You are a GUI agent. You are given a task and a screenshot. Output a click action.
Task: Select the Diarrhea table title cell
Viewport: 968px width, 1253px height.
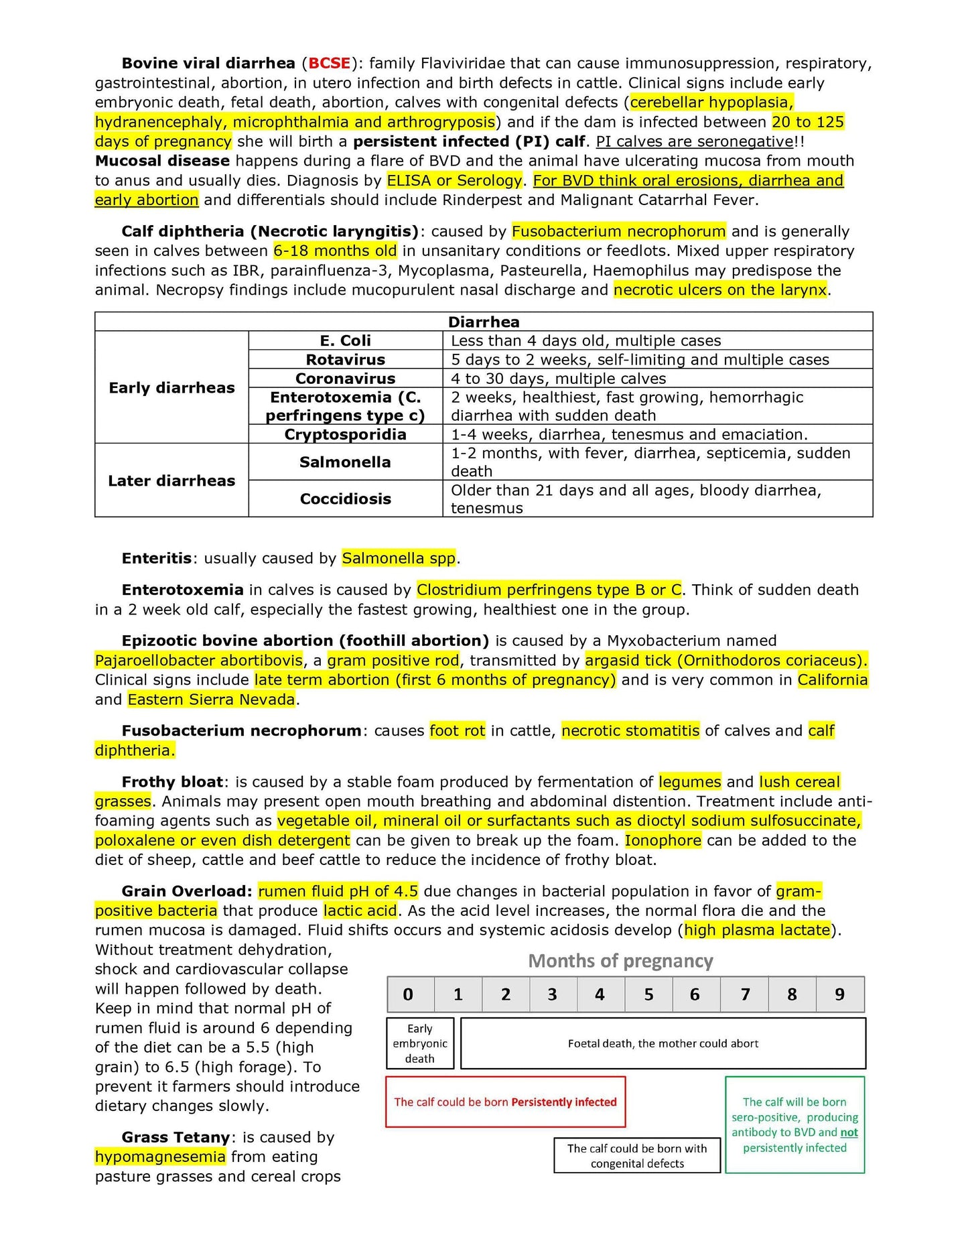tap(483, 322)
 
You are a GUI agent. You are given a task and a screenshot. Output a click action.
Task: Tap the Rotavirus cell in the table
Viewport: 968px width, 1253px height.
tap(345, 360)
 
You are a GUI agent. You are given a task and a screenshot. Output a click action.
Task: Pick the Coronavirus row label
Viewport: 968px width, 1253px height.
tap(345, 379)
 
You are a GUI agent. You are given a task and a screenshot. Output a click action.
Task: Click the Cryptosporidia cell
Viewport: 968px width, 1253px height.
tap(345, 434)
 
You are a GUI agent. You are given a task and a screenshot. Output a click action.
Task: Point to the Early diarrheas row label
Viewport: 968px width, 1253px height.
tap(171, 388)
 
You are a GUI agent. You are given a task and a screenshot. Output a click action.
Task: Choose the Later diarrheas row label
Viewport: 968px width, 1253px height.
tap(171, 480)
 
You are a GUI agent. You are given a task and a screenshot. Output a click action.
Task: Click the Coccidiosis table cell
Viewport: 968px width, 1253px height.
tap(345, 499)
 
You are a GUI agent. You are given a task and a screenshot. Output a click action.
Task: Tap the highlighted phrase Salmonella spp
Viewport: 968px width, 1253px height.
tap(399, 558)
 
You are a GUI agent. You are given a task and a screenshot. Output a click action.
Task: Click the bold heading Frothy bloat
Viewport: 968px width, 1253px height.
tap(172, 782)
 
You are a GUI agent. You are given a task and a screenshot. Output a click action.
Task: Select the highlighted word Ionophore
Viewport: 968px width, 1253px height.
tap(663, 840)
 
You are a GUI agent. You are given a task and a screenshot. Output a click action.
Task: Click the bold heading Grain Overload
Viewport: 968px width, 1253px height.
tap(187, 891)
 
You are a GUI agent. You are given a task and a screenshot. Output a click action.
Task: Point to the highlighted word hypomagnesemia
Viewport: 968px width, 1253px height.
tap(160, 1157)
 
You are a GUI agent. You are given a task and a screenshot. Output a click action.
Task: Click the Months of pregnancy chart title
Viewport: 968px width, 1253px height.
tap(620, 961)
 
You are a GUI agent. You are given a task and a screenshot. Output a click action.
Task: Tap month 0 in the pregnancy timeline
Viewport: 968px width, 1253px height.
tap(409, 994)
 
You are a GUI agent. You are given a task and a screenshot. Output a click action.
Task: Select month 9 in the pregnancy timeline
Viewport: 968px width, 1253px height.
tap(839, 994)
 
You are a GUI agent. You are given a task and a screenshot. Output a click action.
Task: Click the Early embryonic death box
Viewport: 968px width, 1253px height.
tap(420, 1043)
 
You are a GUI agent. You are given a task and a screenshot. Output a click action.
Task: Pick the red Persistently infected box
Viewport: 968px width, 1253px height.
tap(505, 1102)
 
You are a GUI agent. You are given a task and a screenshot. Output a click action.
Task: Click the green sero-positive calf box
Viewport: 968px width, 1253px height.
tap(794, 1125)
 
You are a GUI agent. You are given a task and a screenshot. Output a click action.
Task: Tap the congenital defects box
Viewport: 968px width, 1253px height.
tap(637, 1156)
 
